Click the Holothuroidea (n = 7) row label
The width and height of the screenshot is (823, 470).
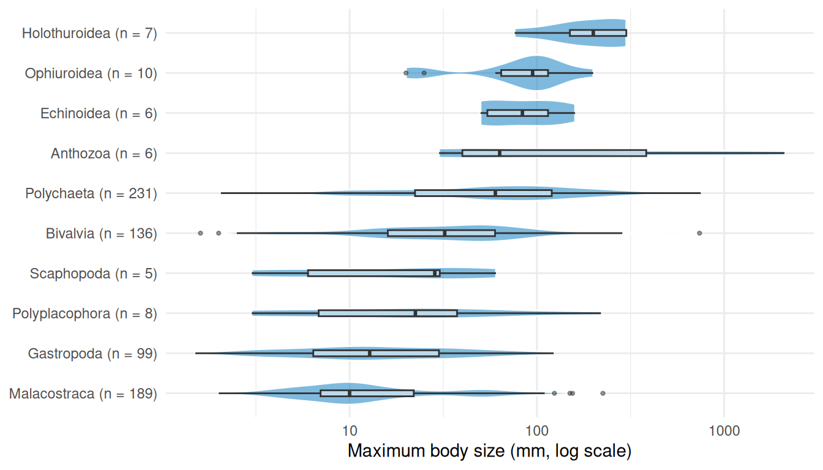click(x=89, y=33)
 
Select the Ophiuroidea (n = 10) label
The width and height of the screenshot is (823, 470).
click(x=91, y=73)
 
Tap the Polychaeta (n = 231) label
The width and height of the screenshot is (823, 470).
click(x=91, y=193)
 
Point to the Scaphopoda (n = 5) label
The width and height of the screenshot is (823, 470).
click(x=93, y=274)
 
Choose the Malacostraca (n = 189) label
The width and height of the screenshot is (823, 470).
click(x=83, y=394)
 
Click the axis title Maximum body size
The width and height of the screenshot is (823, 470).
click(x=489, y=452)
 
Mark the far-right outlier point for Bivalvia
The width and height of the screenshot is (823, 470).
click(x=699, y=233)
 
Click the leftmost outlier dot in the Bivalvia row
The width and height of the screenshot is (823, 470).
click(x=200, y=233)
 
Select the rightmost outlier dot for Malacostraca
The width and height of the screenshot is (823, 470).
click(x=603, y=394)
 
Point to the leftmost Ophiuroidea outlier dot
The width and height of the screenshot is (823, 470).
click(x=406, y=73)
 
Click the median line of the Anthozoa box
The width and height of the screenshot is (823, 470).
click(x=500, y=153)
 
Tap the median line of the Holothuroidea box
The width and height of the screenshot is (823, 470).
click(x=593, y=33)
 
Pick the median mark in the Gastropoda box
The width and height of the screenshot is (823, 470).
click(x=369, y=353)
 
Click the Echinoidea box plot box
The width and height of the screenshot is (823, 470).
click(x=517, y=113)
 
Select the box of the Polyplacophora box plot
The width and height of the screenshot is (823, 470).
click(x=388, y=313)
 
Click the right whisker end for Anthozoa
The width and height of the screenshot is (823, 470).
click(x=784, y=153)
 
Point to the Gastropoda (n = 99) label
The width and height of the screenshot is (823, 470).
click(x=92, y=353)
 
